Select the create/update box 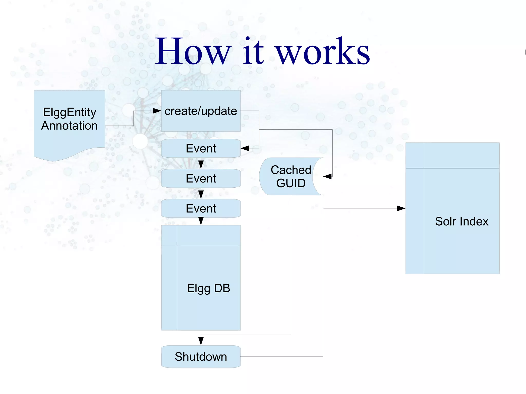click(201, 111)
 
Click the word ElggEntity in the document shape click(70, 112)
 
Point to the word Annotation click(69, 126)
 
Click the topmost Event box click(201, 148)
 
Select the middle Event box click(201, 178)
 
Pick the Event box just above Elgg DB click(201, 208)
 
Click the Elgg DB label click(208, 288)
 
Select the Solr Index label click(462, 221)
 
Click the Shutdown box click(201, 357)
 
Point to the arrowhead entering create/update click(157, 111)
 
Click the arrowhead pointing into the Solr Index click(401, 208)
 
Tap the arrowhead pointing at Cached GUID click(327, 177)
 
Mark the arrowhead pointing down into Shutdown click(201, 341)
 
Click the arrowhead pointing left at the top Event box click(245, 148)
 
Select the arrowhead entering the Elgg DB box click(201, 221)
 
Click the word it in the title click(253, 51)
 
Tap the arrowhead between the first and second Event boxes click(201, 164)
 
